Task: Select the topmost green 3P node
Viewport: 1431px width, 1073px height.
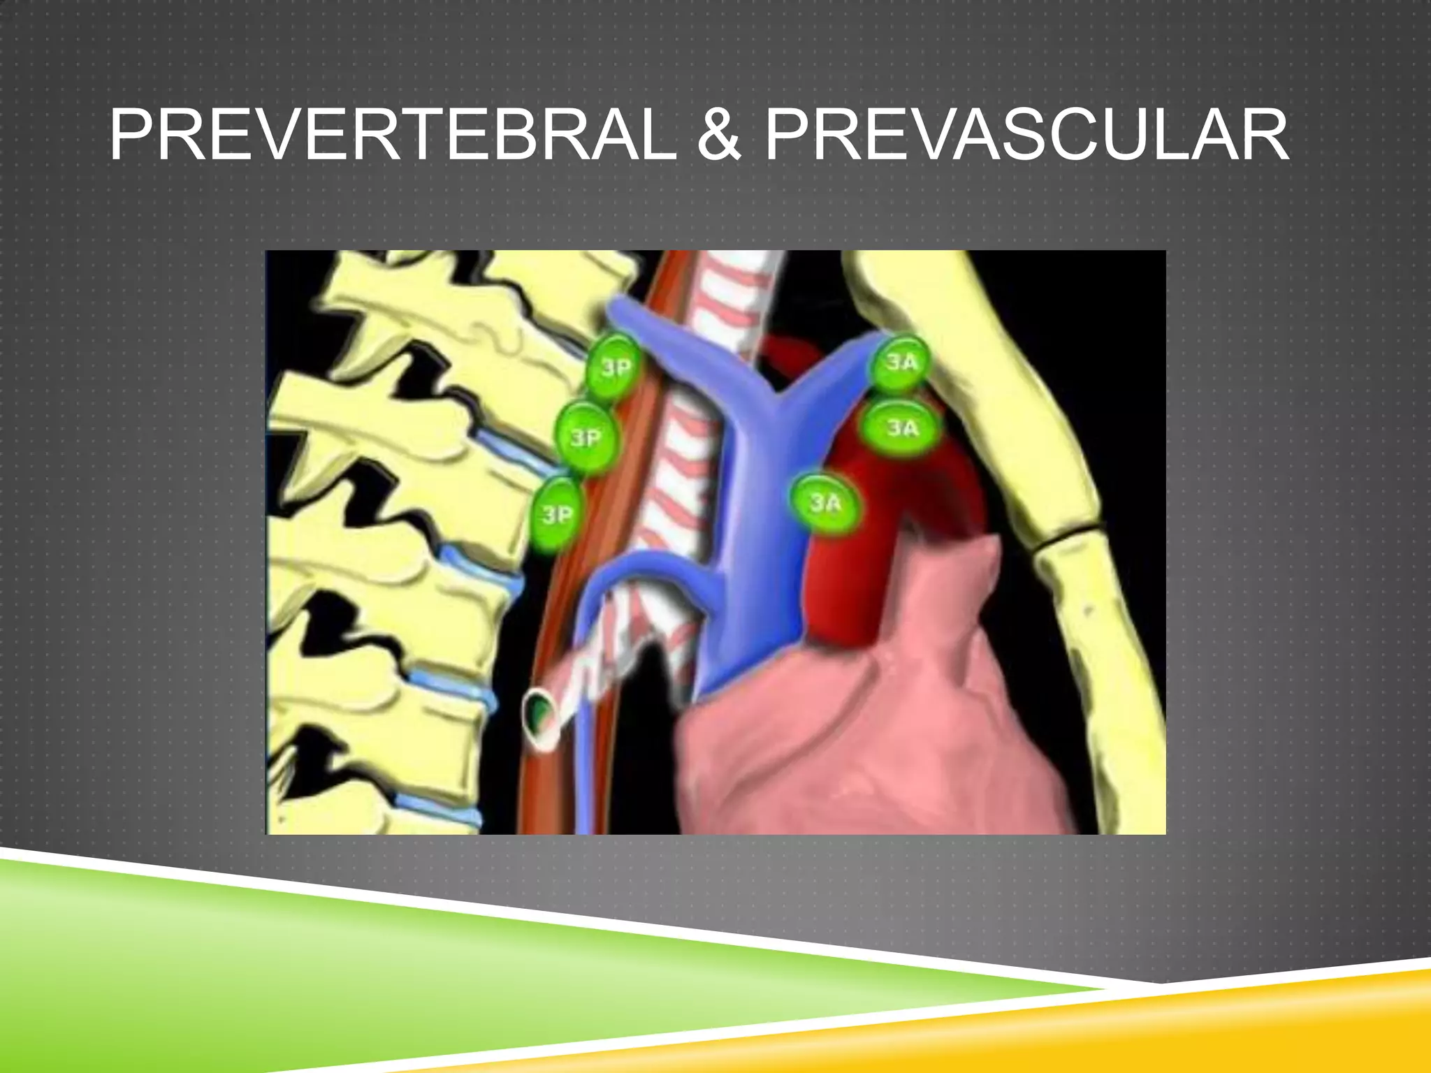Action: pos(613,367)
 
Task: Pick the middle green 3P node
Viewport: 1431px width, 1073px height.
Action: pos(586,437)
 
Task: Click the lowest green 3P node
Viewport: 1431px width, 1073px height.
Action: pos(558,514)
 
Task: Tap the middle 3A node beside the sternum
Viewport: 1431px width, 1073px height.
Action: pos(901,428)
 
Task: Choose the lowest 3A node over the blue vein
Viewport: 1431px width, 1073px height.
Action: pos(825,503)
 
